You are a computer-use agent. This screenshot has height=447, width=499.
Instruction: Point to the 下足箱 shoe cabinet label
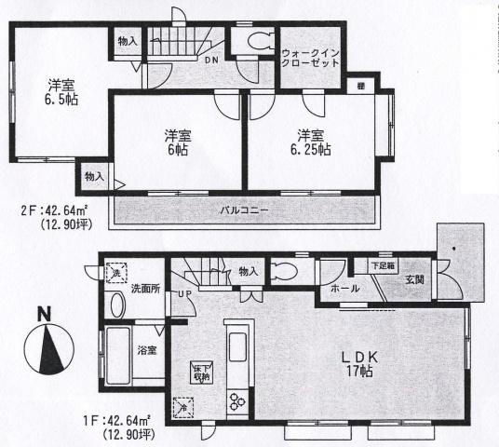(384, 265)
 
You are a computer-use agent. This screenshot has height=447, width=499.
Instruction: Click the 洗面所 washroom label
(146, 289)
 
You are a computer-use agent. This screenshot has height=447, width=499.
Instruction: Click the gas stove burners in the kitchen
(234, 401)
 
